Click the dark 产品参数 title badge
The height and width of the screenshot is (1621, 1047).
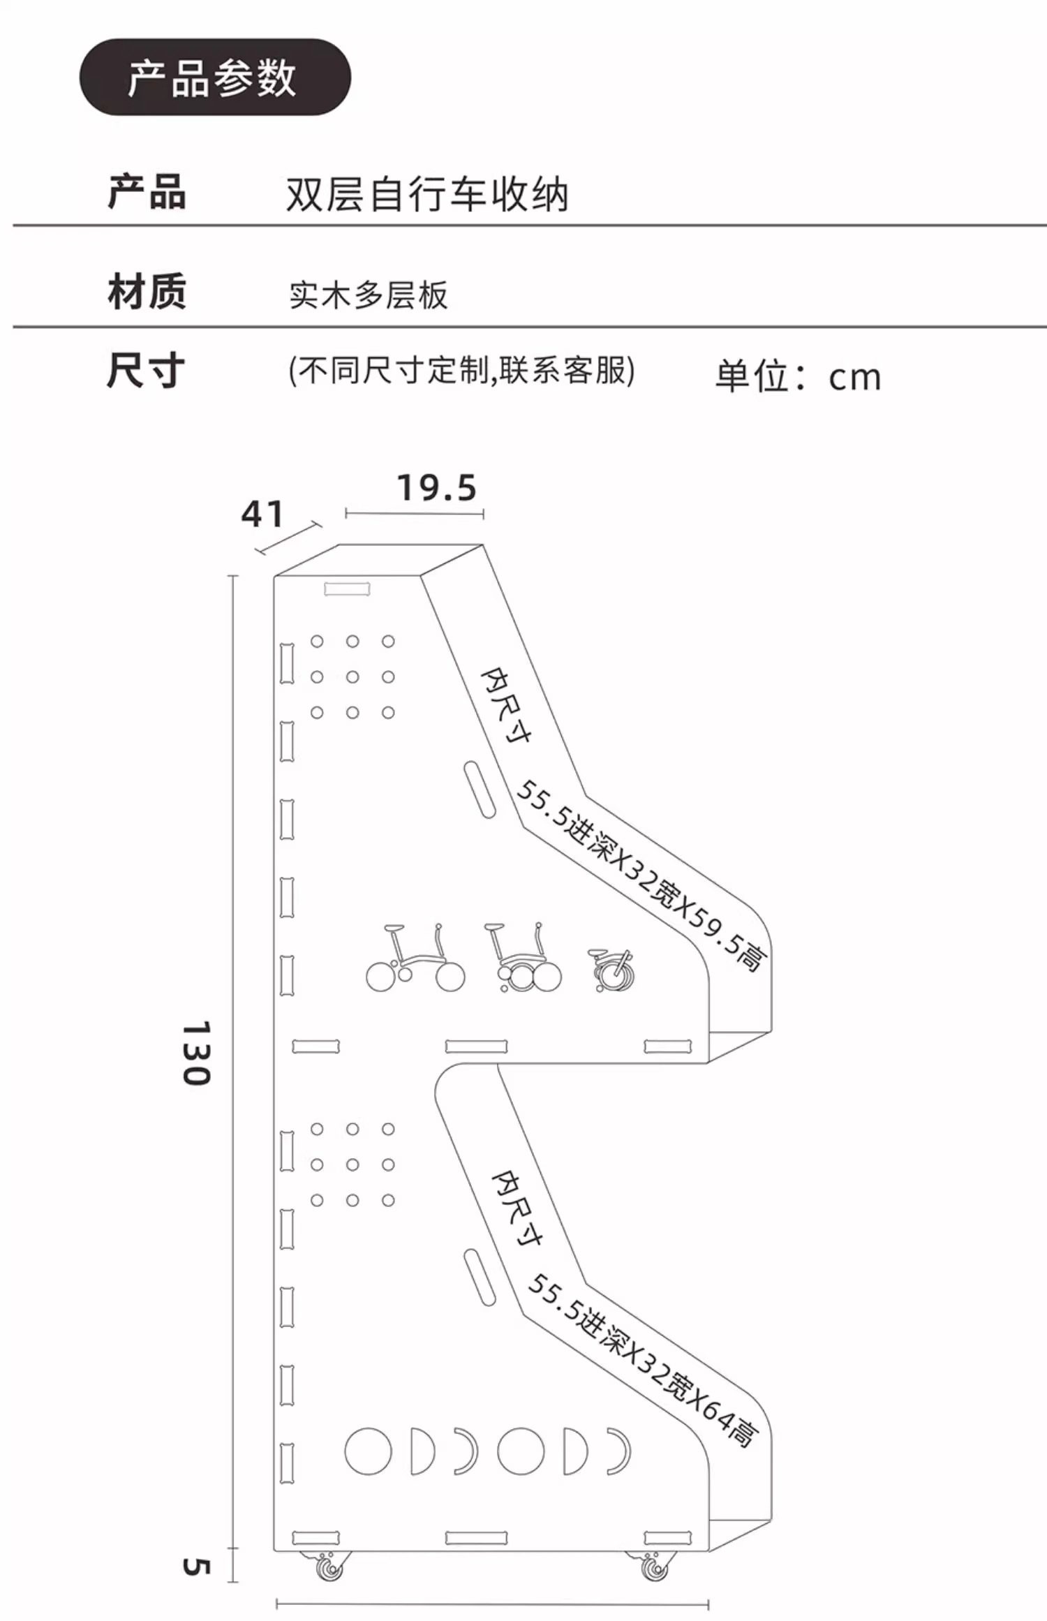(x=215, y=77)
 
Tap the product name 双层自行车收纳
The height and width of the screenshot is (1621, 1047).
(x=427, y=193)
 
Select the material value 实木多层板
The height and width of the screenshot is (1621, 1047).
(x=369, y=295)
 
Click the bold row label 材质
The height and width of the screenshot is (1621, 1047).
(x=147, y=291)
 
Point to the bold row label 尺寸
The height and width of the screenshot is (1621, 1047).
(x=146, y=370)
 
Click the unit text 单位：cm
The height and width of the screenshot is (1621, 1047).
(x=799, y=376)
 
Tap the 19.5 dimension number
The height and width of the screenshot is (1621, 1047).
(x=437, y=487)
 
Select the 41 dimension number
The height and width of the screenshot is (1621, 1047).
(x=262, y=514)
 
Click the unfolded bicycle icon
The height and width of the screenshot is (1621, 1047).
(x=415, y=958)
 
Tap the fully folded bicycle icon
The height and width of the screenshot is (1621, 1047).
(x=611, y=970)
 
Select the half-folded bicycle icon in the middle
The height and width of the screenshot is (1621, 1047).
(x=523, y=957)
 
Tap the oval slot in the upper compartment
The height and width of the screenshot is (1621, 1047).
(x=480, y=790)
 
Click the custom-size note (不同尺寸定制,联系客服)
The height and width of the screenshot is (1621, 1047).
(x=461, y=370)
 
